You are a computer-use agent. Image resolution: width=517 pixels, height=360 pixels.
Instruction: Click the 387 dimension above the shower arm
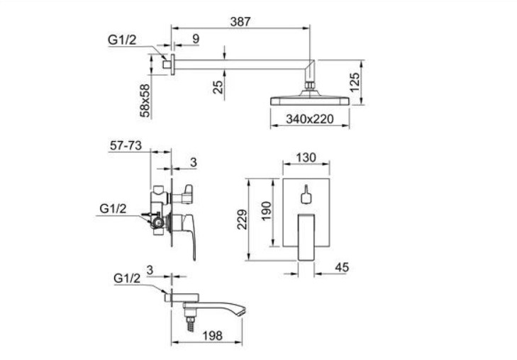pos(240,22)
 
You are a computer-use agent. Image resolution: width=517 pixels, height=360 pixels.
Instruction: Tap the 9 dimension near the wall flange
pos(196,39)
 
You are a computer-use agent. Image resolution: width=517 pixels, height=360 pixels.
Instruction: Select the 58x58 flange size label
pos(145,101)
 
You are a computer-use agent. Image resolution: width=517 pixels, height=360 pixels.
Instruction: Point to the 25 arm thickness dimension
pos(218,87)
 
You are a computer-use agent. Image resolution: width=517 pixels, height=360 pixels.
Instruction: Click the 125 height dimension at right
pos(354,83)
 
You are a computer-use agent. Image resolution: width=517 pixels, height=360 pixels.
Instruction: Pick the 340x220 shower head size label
pos(310,119)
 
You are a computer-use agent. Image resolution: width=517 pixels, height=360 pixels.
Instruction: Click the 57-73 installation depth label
pos(126,145)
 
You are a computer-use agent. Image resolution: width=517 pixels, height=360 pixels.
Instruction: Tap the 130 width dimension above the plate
pos(306,158)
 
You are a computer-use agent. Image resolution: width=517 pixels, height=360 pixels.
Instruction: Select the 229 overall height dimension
pos(243,220)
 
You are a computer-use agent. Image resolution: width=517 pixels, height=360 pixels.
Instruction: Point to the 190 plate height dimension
pos(266,211)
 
